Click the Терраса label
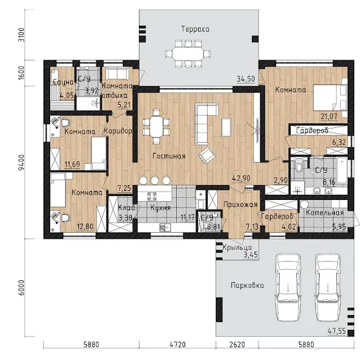tap(195, 29)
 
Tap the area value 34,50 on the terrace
tap(246, 78)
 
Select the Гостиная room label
tap(169, 156)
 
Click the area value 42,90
tap(241, 178)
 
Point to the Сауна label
tap(63, 82)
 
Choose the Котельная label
tap(325, 213)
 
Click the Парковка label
tap(248, 285)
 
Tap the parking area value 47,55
tap(337, 331)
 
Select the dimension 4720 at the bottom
tap(177, 345)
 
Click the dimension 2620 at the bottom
tap(237, 345)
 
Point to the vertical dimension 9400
tap(21, 162)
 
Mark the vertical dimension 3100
tap(21, 35)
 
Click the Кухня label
tap(161, 208)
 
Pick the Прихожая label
tap(240, 204)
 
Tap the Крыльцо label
tap(237, 248)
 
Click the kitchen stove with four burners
tap(152, 196)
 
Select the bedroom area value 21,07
tap(329, 116)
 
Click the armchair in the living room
tap(206, 156)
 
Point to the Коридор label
tap(118, 131)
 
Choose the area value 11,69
tap(72, 165)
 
